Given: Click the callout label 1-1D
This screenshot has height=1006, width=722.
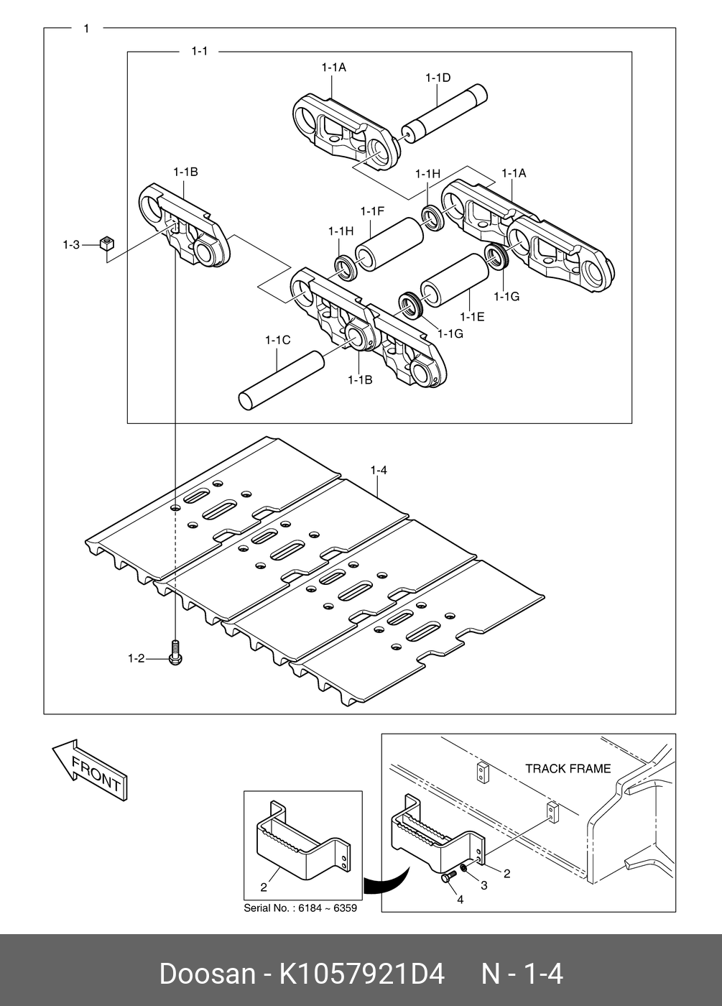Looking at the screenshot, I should coord(438,78).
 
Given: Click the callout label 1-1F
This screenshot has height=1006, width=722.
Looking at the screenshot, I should coord(372,211).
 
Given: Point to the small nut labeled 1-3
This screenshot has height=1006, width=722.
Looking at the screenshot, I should coord(107,244).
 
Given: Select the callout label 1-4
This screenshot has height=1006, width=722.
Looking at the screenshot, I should coord(379,471).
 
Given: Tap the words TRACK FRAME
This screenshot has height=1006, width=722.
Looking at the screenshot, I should coord(568,768).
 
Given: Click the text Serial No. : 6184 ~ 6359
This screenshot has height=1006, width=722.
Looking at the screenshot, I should coord(300,908).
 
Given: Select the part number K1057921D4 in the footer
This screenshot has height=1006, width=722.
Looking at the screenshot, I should coord(362,974).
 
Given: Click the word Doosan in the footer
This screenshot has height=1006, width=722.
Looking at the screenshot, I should coord(207,974).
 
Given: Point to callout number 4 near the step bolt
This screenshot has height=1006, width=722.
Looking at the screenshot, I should coord(460,899).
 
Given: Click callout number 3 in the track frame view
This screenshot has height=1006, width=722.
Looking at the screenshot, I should coord(483,885).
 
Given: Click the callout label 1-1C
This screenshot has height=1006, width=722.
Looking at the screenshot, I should coord(277,340).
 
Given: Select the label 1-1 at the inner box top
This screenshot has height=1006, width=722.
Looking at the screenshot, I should coord(199,51).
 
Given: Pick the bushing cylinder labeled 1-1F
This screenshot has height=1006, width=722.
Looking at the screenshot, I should coord(389,244).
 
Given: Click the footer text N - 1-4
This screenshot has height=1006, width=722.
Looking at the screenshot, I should coord(522,974).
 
